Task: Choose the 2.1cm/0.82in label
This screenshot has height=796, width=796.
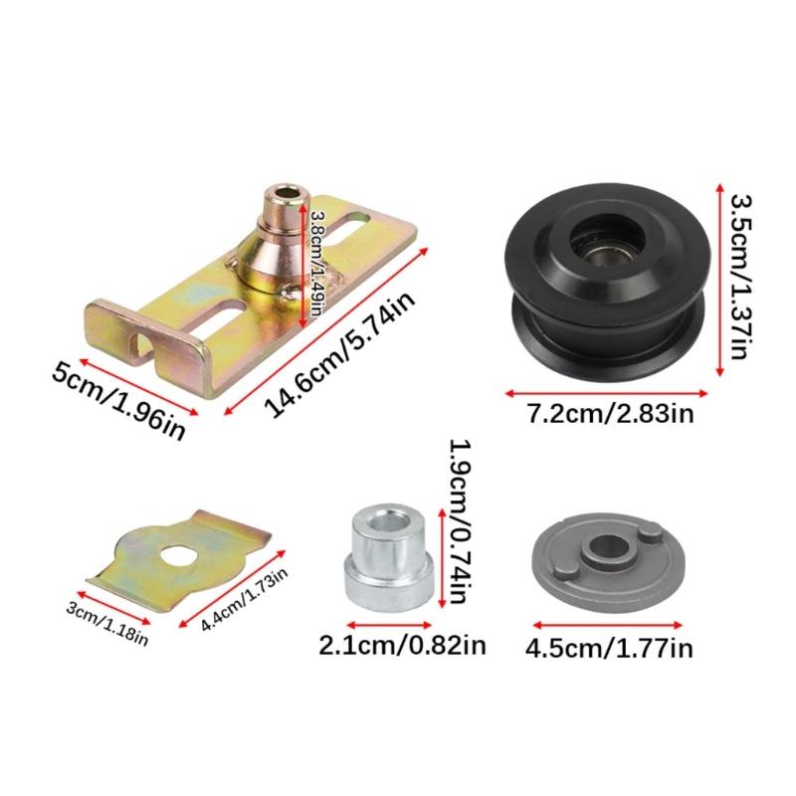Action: [x=402, y=646]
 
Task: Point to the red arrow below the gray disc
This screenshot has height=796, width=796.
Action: [x=609, y=626]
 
